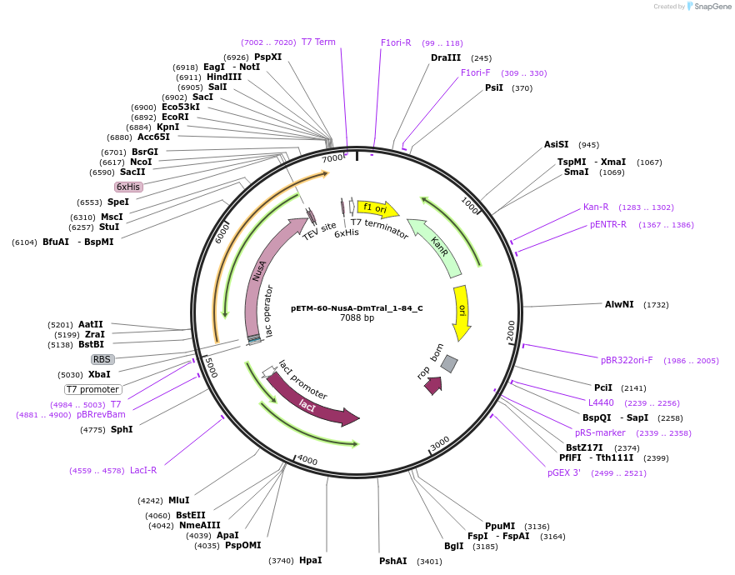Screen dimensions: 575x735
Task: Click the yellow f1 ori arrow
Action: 377,208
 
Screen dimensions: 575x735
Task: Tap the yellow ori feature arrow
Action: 462,312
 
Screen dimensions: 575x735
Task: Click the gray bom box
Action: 449,363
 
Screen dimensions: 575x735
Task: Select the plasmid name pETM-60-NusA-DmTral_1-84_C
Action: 357,308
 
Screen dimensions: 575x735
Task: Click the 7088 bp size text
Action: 357,318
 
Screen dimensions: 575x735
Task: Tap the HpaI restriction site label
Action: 310,561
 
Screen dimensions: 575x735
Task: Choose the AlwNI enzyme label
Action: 619,305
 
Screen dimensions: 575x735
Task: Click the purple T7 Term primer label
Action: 318,42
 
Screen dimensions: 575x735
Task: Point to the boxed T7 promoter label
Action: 93,389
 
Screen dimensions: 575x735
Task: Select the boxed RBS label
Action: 102,359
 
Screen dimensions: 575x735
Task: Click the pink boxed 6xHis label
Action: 128,187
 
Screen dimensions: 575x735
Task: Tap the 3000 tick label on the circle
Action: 439,442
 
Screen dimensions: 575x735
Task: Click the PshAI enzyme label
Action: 393,562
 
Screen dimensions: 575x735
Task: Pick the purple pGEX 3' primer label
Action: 564,472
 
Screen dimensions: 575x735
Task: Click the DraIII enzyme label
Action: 446,58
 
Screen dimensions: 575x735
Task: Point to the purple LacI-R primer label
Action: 143,470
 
